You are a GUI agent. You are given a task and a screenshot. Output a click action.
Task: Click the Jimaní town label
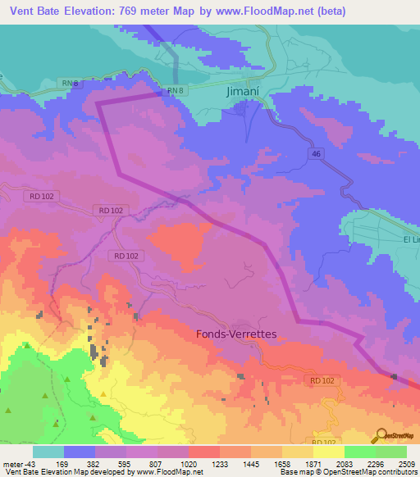[x=244, y=93]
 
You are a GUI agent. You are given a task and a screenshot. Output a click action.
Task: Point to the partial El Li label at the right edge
[x=411, y=238]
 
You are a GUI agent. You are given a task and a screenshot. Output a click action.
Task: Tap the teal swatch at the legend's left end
[x=48, y=452]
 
